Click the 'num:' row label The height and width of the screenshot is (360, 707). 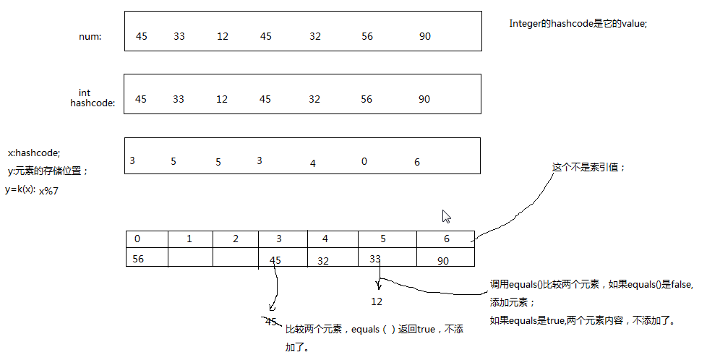(90, 37)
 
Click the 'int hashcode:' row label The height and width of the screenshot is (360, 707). (93, 98)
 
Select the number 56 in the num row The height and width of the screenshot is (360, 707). (367, 37)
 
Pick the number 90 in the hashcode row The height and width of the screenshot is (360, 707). (424, 99)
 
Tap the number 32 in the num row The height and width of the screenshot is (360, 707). (315, 37)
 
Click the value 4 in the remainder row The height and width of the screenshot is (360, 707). (313, 163)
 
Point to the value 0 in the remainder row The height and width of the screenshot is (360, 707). (364, 160)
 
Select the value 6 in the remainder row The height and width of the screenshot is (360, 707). (417, 162)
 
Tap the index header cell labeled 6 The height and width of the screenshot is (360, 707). (445, 239)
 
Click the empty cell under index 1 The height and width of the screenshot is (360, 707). (190, 257)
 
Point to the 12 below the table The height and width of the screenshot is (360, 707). (377, 301)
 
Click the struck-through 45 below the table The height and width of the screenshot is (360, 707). (271, 322)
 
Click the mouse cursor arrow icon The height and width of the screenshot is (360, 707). (446, 216)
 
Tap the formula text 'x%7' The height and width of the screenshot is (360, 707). (48, 191)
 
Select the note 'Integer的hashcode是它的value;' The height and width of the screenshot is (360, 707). (578, 23)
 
